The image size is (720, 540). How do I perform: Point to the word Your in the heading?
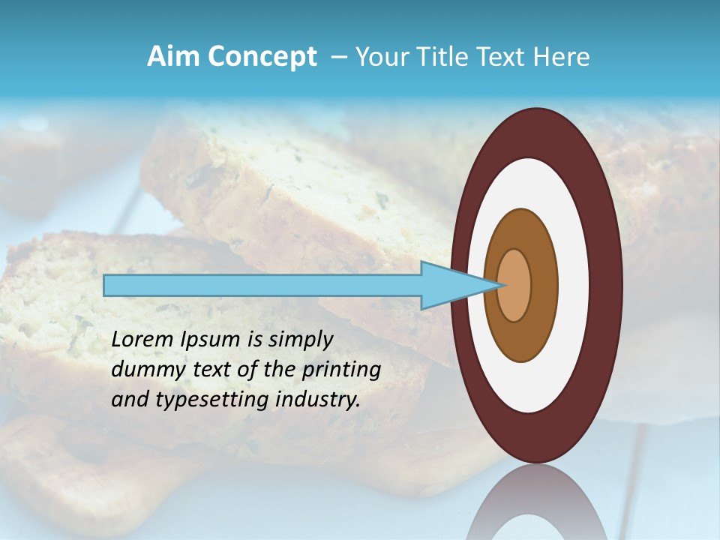tap(381, 57)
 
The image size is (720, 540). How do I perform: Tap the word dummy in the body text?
tap(147, 370)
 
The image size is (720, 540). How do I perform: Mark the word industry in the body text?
tap(317, 400)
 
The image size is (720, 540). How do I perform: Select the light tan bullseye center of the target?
tap(514, 285)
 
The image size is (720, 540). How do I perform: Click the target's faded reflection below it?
tap(536, 506)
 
